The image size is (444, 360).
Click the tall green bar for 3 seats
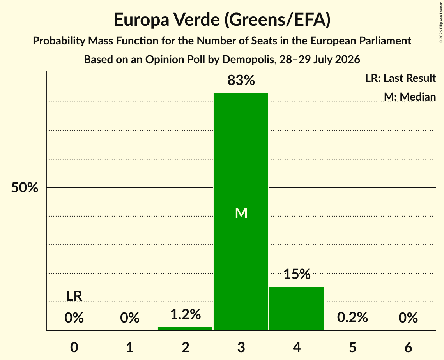click(241, 212)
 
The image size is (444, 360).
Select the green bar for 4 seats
click(297, 309)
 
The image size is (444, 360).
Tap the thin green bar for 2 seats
click(185, 328)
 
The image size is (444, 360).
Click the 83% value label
click(241, 80)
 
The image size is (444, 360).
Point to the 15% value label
click(297, 274)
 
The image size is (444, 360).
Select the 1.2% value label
click(186, 314)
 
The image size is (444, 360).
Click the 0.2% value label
click(352, 317)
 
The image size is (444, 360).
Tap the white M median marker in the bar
click(241, 213)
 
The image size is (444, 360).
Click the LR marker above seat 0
click(74, 296)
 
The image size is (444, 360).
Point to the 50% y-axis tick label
click(25, 187)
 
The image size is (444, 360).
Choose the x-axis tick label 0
click(74, 347)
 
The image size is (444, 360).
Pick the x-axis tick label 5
click(352, 347)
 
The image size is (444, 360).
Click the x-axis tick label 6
click(408, 347)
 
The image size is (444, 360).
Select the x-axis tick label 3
click(241, 347)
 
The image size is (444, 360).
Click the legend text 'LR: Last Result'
click(400, 78)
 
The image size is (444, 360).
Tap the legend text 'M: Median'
click(410, 97)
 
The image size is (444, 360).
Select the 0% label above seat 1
click(130, 318)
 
